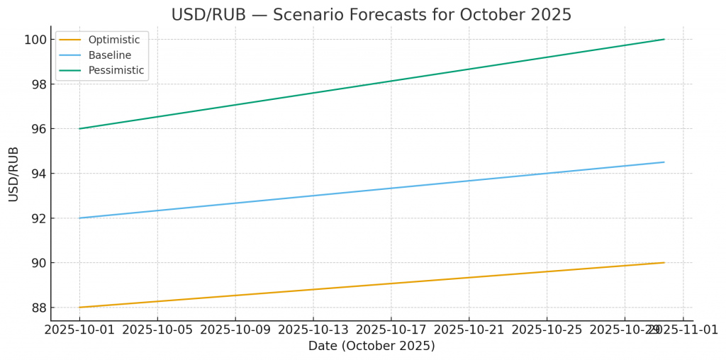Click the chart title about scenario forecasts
371,15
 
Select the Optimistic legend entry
113,40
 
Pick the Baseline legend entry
109,55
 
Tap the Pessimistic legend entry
116,70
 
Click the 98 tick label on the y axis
36,84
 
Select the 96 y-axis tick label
36,129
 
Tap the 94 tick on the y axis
36,174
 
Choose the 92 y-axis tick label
36,218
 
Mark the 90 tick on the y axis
36,263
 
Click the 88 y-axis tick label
36,308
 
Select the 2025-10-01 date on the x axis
79,330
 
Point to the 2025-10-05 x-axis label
157,330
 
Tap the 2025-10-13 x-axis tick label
313,330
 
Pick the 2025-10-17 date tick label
391,330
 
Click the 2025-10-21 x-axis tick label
469,330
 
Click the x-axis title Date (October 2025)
371,347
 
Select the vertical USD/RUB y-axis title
14,174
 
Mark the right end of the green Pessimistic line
664,39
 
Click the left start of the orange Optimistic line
79,308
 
